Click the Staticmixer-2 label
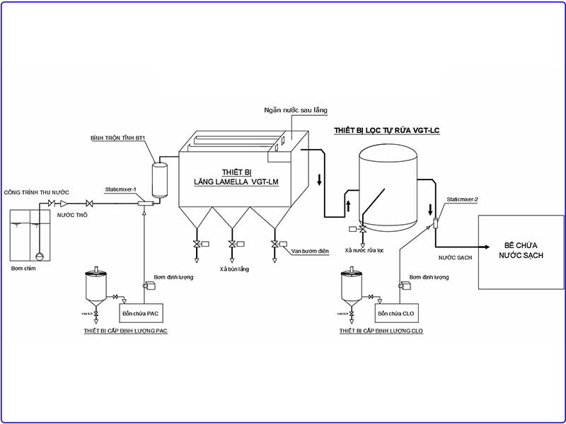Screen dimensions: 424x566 (463, 200)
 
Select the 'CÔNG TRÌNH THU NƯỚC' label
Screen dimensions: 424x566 (36, 193)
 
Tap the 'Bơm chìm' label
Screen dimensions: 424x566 (23, 269)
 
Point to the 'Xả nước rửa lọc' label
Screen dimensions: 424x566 (363, 250)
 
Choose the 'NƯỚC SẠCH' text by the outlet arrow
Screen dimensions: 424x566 (455, 258)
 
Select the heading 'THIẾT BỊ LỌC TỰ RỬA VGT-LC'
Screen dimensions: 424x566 (386, 131)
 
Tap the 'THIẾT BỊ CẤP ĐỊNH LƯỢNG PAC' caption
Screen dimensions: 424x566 (126, 331)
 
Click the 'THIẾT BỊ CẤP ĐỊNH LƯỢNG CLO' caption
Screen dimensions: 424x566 (381, 331)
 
